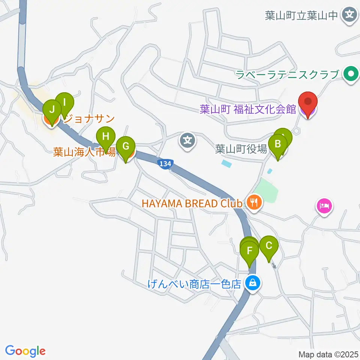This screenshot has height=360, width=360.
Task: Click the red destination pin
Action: pos(308,102)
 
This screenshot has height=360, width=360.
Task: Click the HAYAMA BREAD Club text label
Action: pos(191,204)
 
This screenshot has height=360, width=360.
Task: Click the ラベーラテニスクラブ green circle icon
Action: pos(351,73)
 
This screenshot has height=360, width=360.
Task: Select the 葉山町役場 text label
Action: pos(241,150)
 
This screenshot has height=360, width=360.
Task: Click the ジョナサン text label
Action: pos(89,119)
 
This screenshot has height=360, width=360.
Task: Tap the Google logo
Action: pos(25,351)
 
